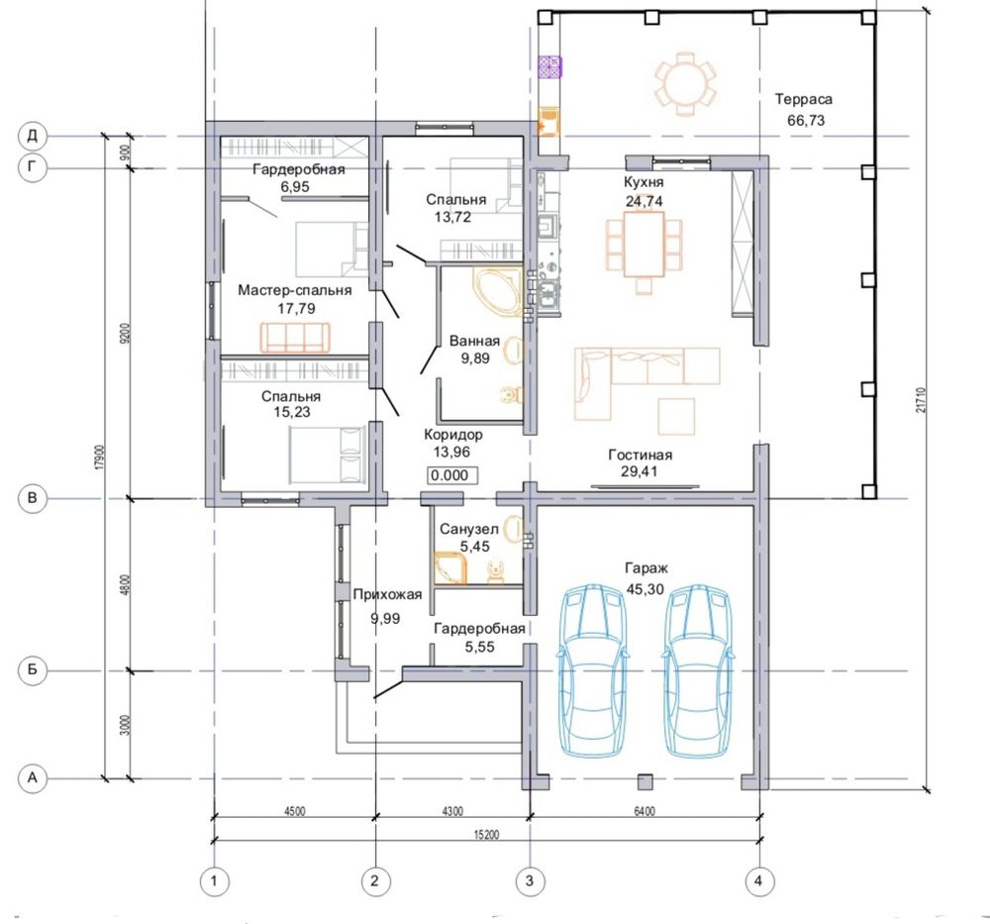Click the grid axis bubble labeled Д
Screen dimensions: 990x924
33,136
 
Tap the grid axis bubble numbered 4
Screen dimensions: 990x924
759,880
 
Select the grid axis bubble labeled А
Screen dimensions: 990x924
33,778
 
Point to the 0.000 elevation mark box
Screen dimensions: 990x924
452,475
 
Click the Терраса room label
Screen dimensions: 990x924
804,99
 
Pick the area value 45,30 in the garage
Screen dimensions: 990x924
645,589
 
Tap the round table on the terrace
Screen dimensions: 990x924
686,84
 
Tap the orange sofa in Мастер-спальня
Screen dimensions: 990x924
295,338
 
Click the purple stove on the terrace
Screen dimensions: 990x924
549,67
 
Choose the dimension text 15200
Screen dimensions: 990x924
486,834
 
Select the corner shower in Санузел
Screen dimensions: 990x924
450,567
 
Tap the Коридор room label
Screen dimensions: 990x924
453,435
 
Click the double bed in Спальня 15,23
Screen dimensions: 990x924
327,455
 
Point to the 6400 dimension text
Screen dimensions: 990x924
644,811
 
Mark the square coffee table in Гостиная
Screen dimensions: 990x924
676,416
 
